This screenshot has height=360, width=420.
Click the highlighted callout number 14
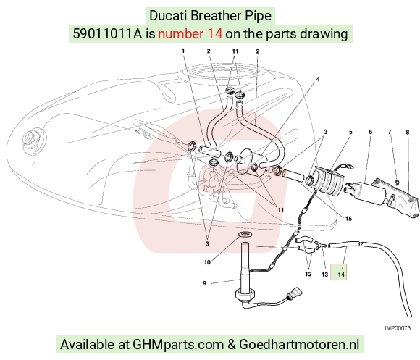pos(341,275)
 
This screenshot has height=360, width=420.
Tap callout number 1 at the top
pos(183,51)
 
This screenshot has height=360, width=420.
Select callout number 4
pos(318,79)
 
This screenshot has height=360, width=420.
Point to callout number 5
pos(350,132)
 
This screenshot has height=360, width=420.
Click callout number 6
pos(371,132)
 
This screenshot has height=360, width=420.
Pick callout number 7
pos(390,132)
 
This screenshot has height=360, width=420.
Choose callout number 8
pos(408,132)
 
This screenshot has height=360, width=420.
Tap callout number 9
pos(205,283)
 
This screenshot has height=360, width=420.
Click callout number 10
pos(207,262)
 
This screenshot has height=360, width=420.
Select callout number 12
pos(308,274)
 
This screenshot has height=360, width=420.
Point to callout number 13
pos(324,275)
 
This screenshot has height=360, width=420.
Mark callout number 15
pos(348,219)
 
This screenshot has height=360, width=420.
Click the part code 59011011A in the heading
pos(108,34)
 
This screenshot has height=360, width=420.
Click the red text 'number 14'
pos(190,34)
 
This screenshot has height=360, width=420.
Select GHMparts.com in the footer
pos(178,344)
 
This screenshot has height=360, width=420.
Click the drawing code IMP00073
pos(398,328)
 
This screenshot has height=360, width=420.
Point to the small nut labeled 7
pos(397,183)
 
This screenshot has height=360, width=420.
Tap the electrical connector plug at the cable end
pos(295,293)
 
